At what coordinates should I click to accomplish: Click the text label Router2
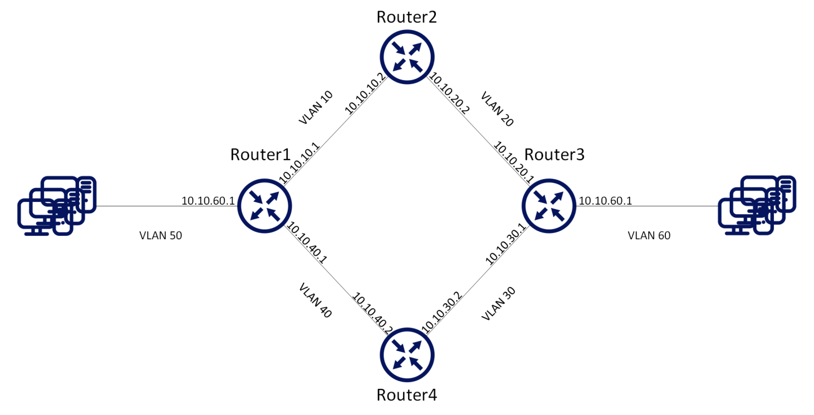pyautogui.click(x=406, y=16)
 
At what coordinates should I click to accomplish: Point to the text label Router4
pyautogui.click(x=406, y=394)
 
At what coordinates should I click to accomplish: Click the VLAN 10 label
pyautogui.click(x=315, y=107)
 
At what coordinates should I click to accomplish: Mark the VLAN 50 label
pyautogui.click(x=161, y=236)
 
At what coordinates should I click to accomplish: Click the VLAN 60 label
pyautogui.click(x=649, y=236)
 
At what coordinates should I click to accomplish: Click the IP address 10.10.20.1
pyautogui.click(x=513, y=162)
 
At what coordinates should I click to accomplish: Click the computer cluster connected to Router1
pyautogui.click(x=57, y=205)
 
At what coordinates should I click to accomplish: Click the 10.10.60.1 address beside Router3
pyautogui.click(x=605, y=201)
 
